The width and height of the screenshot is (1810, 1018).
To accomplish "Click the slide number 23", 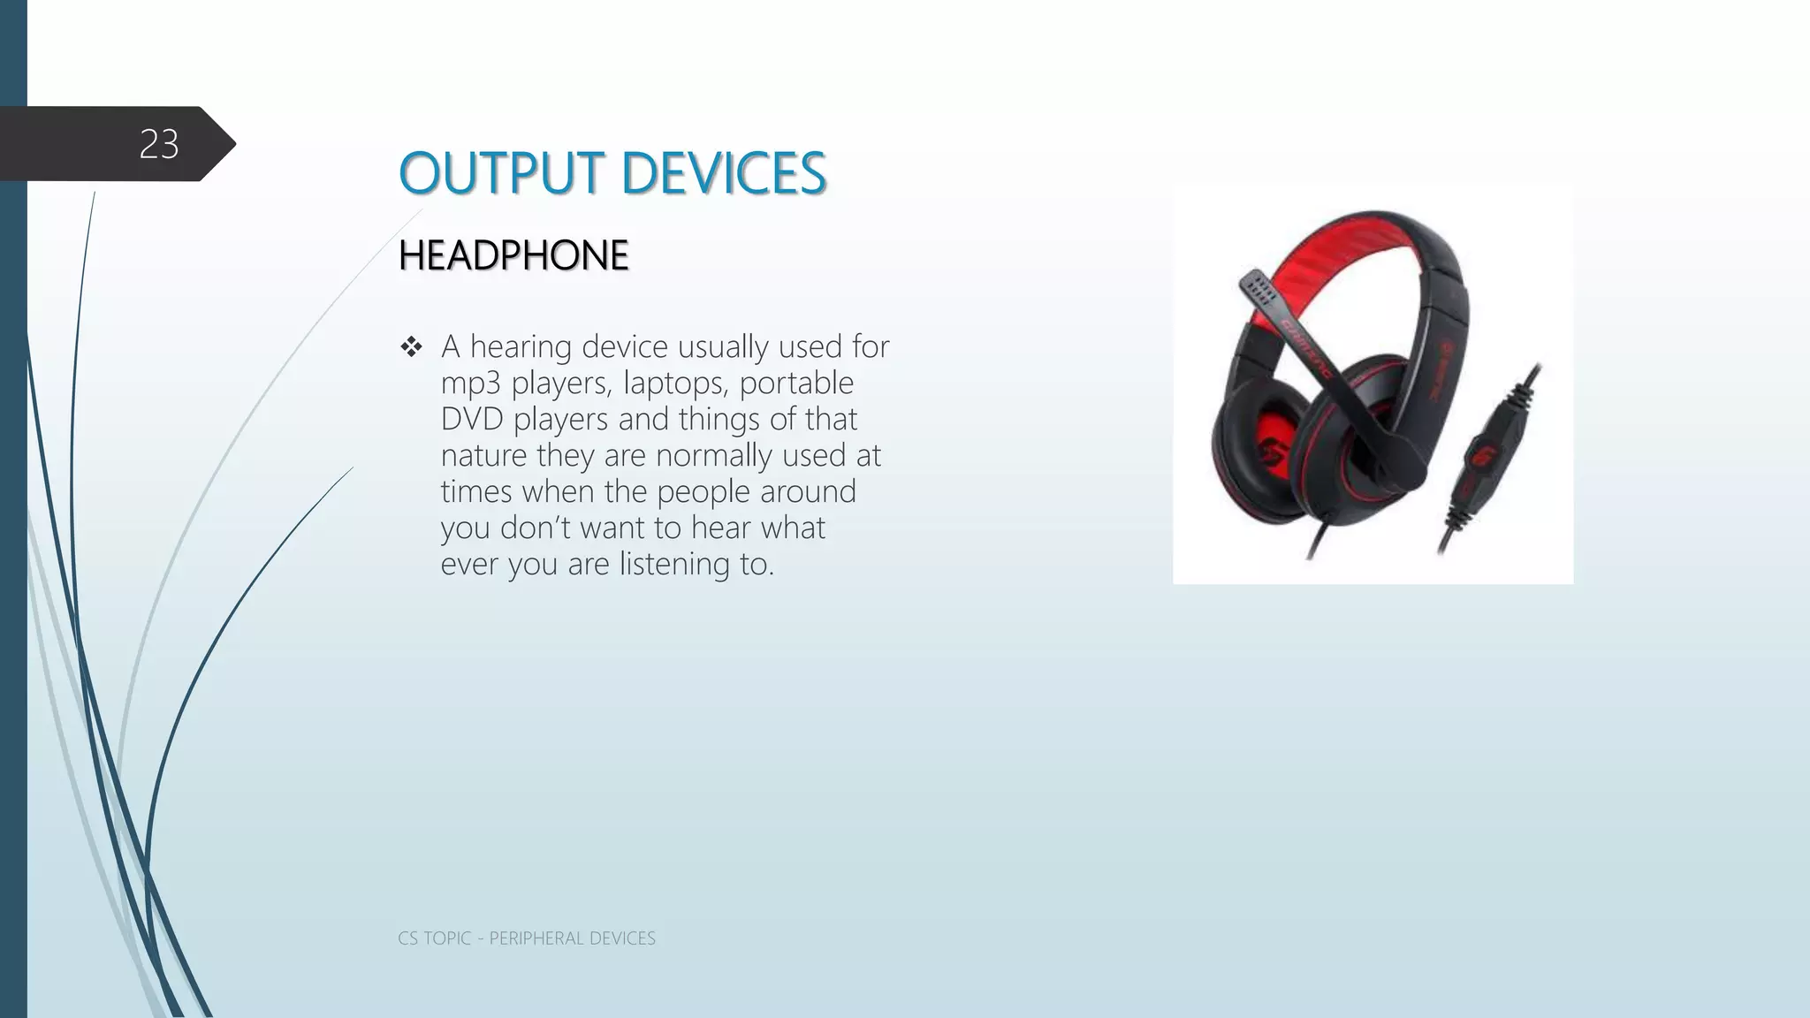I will (159, 144).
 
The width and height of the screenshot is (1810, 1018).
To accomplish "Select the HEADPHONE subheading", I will (513, 255).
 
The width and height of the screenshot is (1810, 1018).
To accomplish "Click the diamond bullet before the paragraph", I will (411, 346).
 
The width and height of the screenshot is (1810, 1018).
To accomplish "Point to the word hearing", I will (521, 346).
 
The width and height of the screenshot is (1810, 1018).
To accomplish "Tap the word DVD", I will (472, 419).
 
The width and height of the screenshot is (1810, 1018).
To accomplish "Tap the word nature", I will (483, 455).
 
